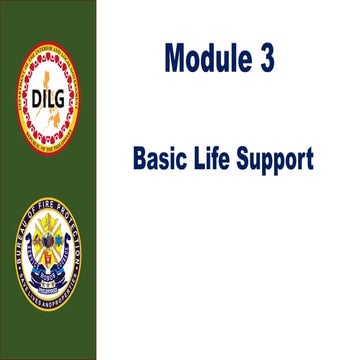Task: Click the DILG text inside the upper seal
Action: point(47,94)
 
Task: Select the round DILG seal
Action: point(48,94)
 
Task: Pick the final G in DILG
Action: point(61,94)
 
